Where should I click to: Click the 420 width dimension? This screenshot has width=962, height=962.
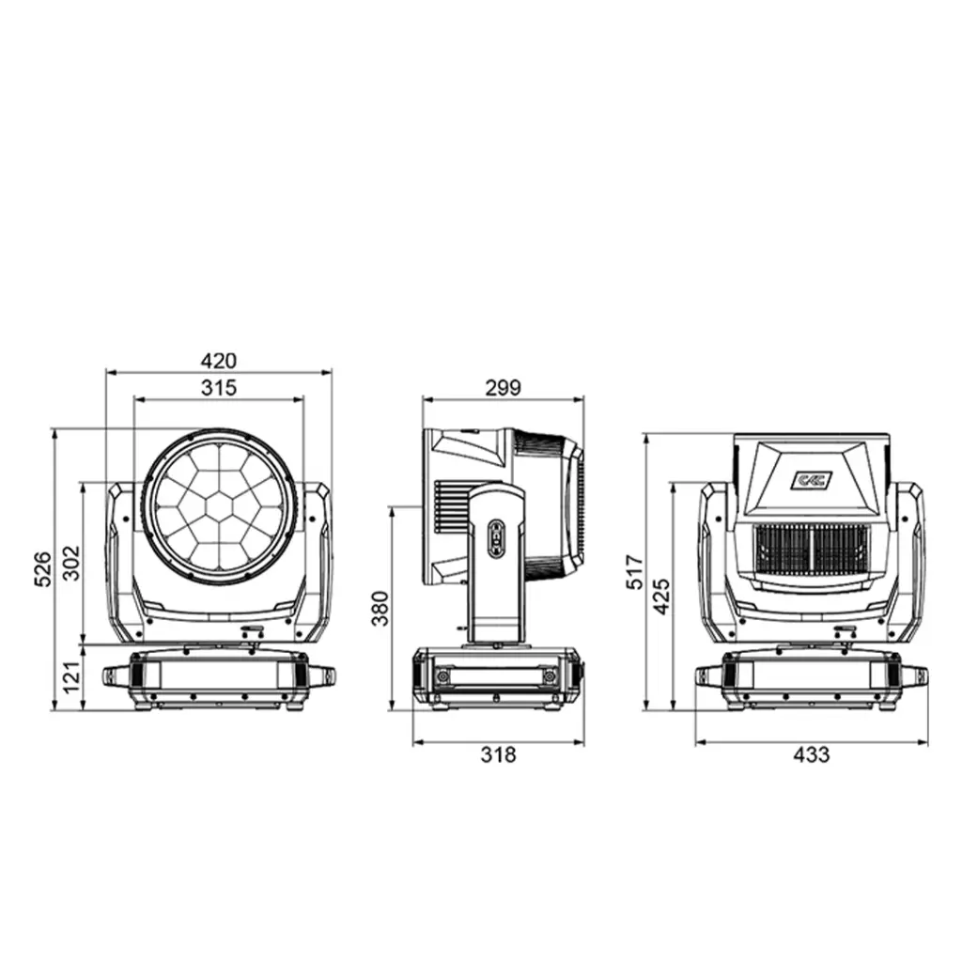coord(218,361)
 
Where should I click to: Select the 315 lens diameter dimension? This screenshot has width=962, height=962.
coord(218,388)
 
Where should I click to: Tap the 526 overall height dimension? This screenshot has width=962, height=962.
coord(42,568)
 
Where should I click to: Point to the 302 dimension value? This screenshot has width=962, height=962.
coord(71,563)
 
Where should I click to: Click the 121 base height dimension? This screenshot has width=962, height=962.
coord(71,677)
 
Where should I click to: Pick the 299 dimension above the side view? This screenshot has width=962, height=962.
coord(504,388)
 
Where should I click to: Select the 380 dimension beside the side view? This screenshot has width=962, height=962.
coord(380,608)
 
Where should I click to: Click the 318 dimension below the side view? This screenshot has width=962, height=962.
coord(498,754)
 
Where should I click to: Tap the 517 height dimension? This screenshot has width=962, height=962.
coord(636,572)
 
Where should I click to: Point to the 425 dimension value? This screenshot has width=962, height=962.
coord(661,596)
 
